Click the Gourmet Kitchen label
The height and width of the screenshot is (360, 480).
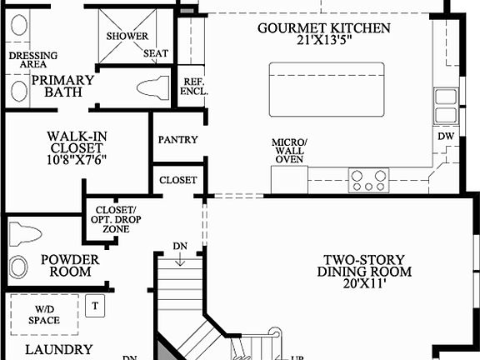pyautogui.click(x=323, y=27)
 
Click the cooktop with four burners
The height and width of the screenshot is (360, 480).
pyautogui.click(x=368, y=177)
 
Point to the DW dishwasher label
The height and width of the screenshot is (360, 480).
pyautogui.click(x=446, y=135)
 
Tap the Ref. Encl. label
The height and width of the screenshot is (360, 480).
pyautogui.click(x=192, y=86)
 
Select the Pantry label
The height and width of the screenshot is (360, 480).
pyautogui.click(x=177, y=139)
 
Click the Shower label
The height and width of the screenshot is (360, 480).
pyautogui.click(x=127, y=37)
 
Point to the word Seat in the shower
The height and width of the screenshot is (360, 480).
pyautogui.click(x=155, y=53)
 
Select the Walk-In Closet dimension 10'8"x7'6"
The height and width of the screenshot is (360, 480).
pyautogui.click(x=77, y=158)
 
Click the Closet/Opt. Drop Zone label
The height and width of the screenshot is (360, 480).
pyautogui.click(x=116, y=218)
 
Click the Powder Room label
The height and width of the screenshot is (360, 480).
pyautogui.click(x=70, y=266)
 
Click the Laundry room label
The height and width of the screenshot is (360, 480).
pyautogui.click(x=57, y=350)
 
